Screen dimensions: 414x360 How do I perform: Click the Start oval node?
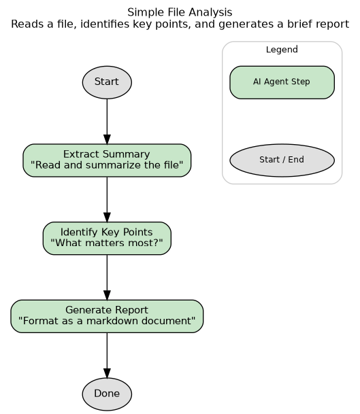coord(107,82)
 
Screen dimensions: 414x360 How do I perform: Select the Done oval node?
coord(107,394)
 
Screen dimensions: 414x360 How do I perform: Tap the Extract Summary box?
coord(107,160)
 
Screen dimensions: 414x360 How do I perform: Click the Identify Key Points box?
coord(107,239)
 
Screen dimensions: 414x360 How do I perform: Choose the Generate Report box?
coord(107,316)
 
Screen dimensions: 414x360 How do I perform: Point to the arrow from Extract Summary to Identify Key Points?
coord(107,199)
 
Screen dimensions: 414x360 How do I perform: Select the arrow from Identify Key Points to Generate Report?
coord(107,277)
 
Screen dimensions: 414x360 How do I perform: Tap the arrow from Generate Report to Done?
coord(107,355)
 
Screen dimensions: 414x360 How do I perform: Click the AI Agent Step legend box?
coord(282,82)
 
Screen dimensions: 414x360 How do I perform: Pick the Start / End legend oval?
coord(282,160)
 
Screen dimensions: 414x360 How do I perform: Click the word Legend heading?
coord(282,50)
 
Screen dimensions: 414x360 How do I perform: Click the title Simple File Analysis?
coord(180,12)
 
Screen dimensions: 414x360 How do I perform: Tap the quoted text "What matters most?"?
coord(107,244)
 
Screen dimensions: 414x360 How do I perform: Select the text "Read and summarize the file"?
coord(107,166)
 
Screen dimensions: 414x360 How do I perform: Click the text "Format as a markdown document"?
coord(107,322)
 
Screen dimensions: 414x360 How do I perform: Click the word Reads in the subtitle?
coord(25,24)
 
